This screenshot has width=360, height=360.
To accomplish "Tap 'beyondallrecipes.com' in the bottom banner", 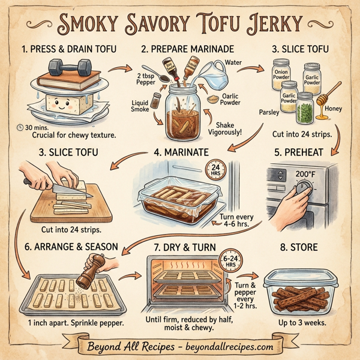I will click(x=230, y=346).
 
